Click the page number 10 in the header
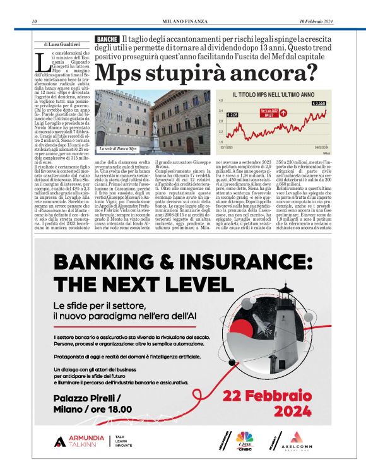point(33,23)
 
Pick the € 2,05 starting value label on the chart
point(232,115)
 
